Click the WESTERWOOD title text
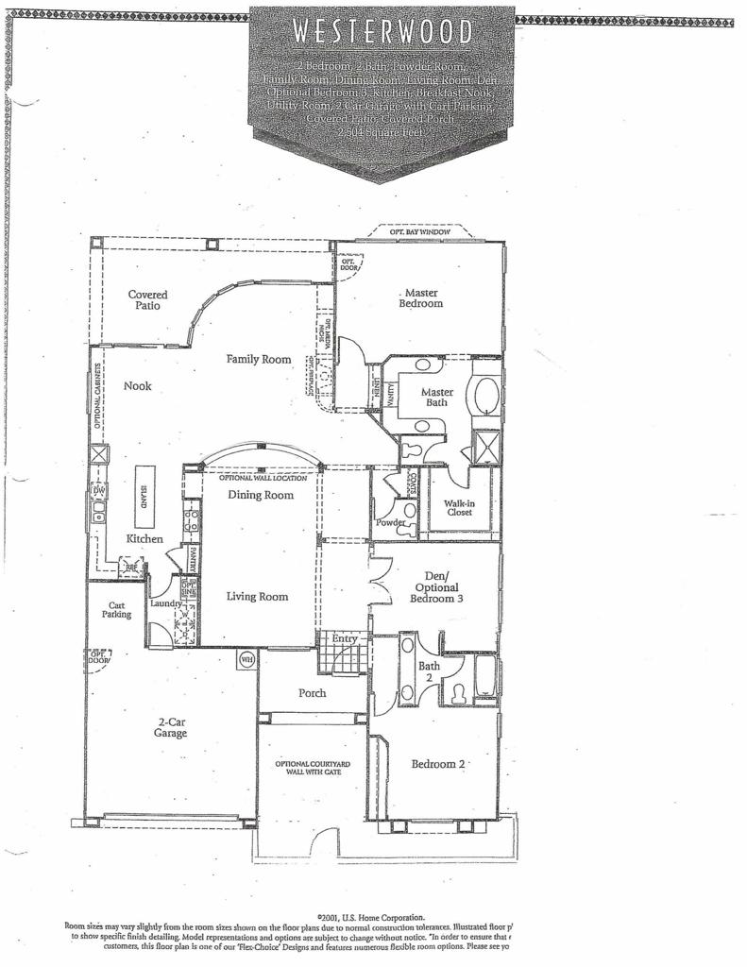382,31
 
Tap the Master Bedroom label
420,298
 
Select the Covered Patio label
147,300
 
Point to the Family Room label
258,359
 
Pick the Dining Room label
261,495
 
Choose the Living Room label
257,597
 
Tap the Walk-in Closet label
459,507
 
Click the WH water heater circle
246,658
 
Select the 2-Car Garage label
171,727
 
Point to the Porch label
313,693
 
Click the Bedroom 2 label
437,764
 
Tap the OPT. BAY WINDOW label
412,231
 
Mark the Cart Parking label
118,610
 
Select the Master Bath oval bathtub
487,396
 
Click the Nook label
137,385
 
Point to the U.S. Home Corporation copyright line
371,916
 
